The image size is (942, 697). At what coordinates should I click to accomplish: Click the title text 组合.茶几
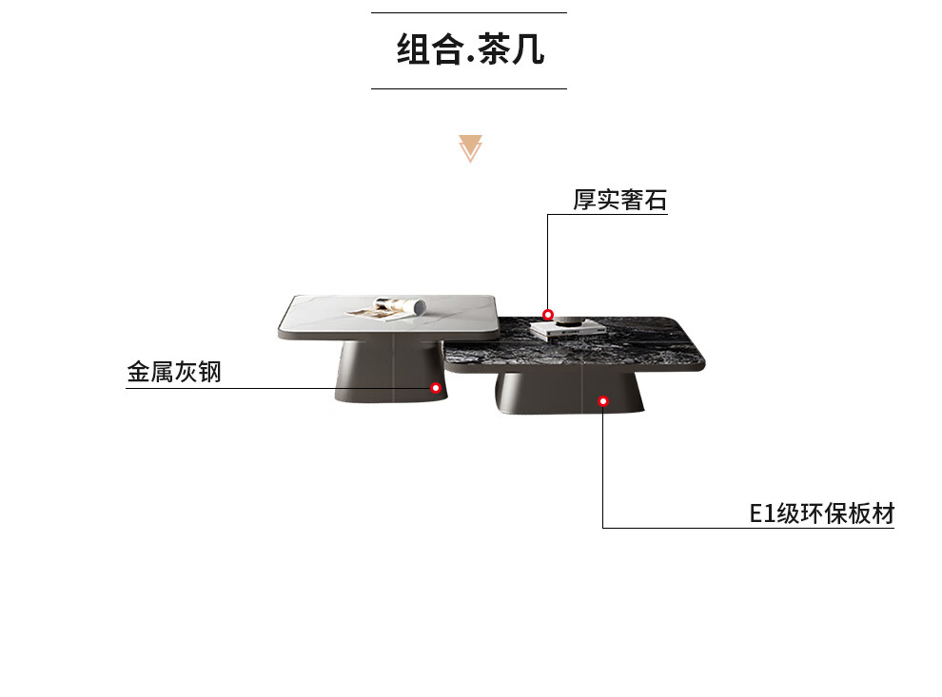(x=470, y=50)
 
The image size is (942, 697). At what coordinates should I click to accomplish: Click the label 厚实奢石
(x=619, y=201)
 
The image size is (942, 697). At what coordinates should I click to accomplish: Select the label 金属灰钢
(x=174, y=372)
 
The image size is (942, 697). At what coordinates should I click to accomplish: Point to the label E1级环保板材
(x=822, y=514)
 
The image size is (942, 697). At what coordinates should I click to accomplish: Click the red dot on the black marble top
(x=548, y=315)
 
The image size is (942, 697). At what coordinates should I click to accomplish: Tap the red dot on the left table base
(x=435, y=388)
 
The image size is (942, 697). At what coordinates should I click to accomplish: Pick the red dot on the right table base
(x=602, y=401)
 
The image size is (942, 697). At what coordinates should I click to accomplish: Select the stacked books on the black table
(x=567, y=330)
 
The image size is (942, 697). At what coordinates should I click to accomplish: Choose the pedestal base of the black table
(x=569, y=395)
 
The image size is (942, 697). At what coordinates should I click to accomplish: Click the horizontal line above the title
(x=468, y=13)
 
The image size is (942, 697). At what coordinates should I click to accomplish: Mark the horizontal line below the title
(x=468, y=88)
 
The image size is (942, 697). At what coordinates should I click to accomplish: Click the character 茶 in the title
(x=497, y=50)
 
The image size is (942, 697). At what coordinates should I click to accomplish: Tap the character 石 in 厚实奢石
(x=655, y=201)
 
